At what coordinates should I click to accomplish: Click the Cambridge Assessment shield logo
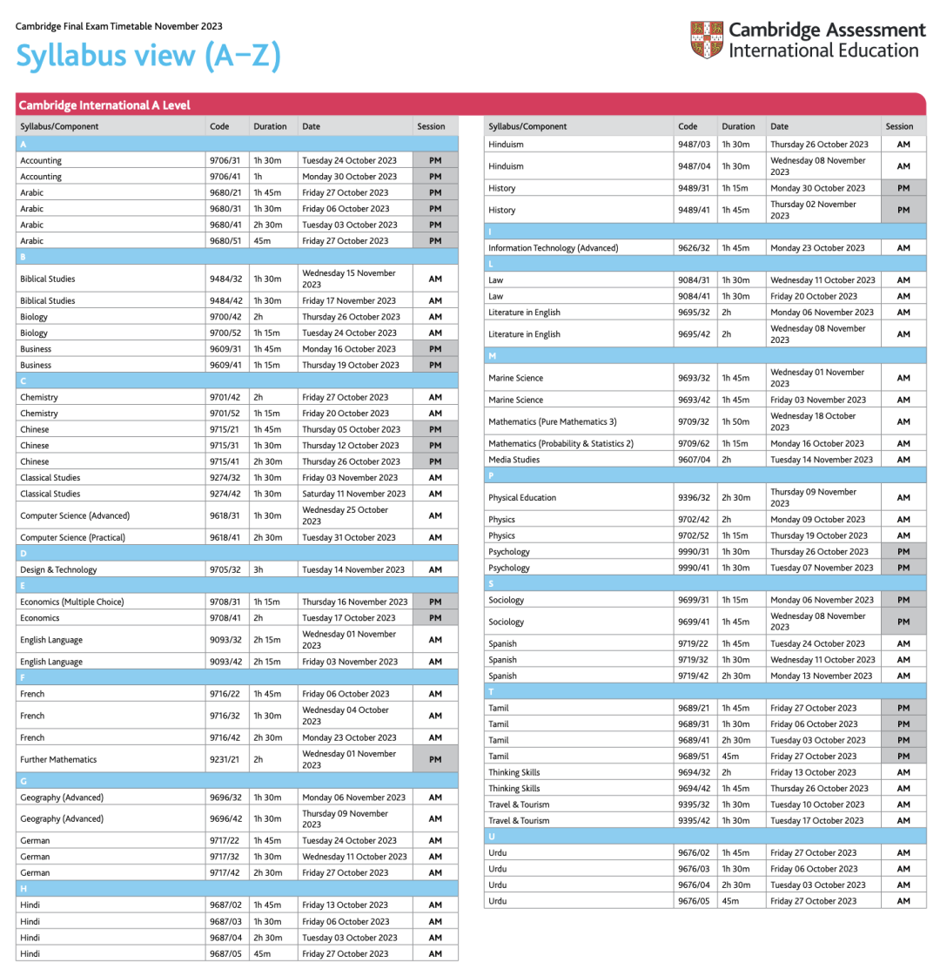[x=706, y=40]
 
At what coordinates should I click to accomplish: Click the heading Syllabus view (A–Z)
[x=148, y=56]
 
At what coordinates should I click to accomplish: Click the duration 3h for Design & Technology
[x=259, y=569]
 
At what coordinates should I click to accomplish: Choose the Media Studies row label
[x=514, y=459]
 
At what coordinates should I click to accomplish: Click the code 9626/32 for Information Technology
[x=694, y=248]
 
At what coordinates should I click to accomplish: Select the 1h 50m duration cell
[x=735, y=421]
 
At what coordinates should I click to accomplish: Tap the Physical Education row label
[x=522, y=497]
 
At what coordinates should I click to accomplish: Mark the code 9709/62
[x=694, y=443]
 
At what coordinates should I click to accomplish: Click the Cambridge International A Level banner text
[x=104, y=105]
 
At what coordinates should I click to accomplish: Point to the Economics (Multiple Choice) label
[x=72, y=602]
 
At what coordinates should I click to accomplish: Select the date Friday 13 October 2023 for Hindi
[x=345, y=905]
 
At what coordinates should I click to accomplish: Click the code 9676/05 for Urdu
[x=694, y=900]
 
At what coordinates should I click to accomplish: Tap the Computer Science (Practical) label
[x=72, y=537]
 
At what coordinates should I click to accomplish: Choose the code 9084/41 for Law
[x=694, y=296]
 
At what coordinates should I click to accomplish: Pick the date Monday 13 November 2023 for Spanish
[x=821, y=676]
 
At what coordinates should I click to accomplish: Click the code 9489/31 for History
[x=694, y=188]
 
